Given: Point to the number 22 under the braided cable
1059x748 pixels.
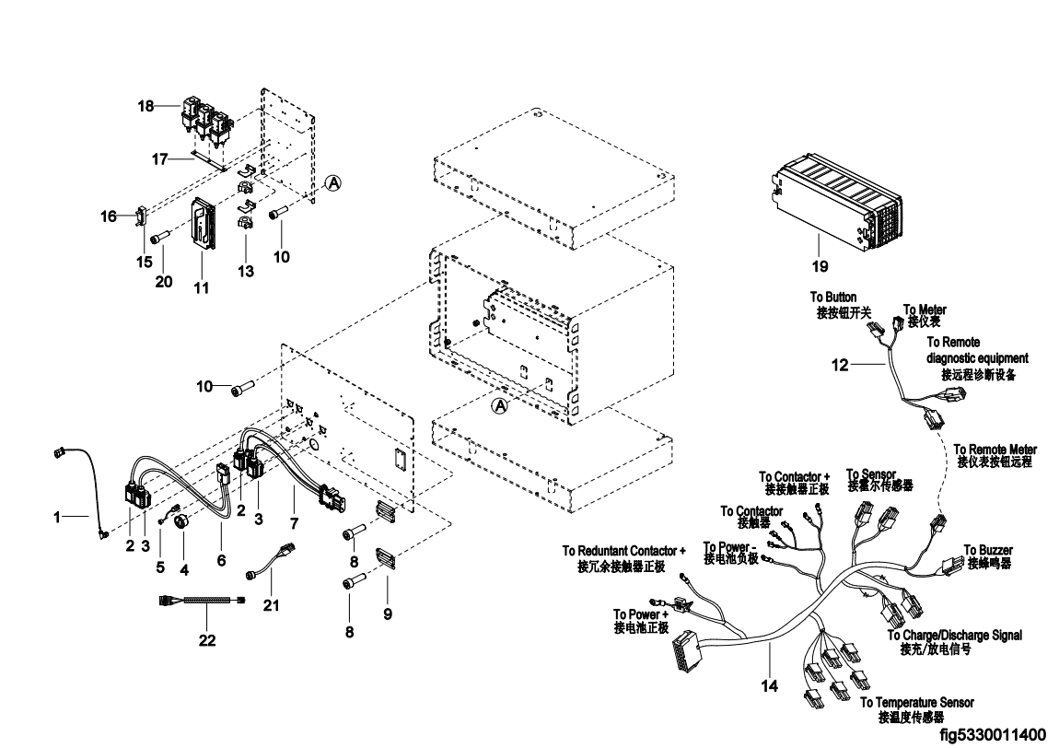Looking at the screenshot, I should point(207,640).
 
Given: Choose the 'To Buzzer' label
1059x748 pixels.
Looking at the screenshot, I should point(988,550).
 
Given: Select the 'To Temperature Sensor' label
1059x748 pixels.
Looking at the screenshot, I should point(916,703).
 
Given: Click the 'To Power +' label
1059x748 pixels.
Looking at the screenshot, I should point(637,614).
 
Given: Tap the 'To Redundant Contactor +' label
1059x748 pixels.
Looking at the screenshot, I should point(624,551).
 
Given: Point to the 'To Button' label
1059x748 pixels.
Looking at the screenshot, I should point(833,298).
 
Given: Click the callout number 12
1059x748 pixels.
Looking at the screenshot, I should point(839,366).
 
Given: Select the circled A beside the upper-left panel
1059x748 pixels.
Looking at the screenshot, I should point(333,184).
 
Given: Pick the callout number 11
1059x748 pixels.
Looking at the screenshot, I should point(201,288).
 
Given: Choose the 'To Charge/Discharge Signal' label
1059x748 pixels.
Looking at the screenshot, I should point(954,635).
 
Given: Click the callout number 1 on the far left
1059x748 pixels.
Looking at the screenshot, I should point(57,519).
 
